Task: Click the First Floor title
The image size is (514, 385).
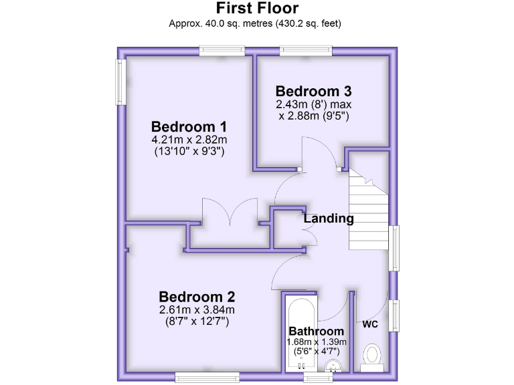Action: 256,9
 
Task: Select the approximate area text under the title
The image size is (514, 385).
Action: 256,23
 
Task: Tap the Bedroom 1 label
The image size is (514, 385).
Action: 189,126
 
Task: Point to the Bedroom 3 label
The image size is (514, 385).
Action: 313,91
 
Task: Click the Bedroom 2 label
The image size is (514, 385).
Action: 197,297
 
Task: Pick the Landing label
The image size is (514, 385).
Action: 329,218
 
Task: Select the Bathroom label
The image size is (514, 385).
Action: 316,332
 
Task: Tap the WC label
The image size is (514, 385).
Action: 370,325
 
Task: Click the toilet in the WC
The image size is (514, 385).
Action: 371,356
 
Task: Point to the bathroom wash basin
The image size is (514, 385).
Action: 333,365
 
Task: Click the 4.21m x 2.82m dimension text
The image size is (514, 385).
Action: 189,140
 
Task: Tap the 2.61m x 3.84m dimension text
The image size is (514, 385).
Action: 197,310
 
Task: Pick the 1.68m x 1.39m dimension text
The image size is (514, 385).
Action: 317,342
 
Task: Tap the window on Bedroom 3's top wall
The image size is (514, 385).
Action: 306,50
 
